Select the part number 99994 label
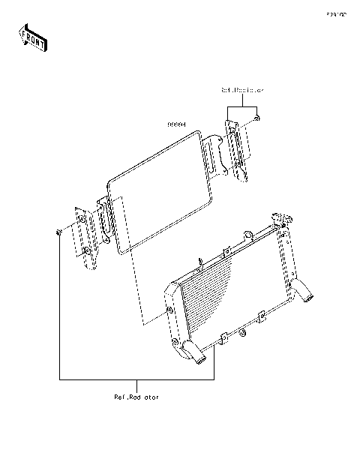176,126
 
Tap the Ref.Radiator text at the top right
242,90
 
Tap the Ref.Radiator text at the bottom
137,397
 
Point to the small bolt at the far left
58,232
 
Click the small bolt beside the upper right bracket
257,118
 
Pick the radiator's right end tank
285,262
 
